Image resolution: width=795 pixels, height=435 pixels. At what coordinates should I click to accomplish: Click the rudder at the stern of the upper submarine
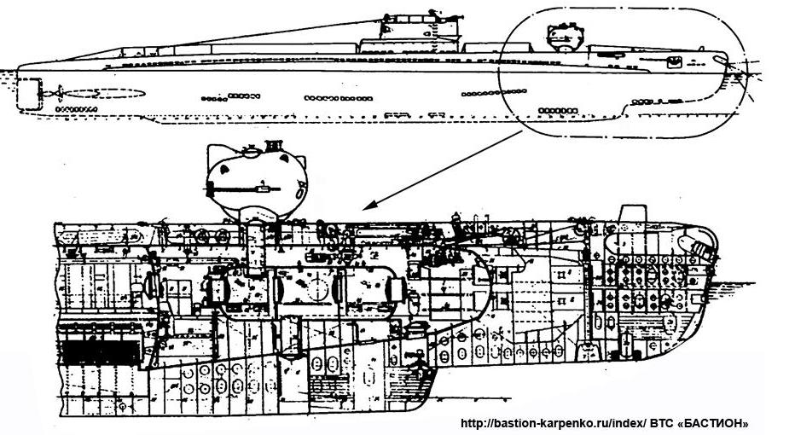click(28, 91)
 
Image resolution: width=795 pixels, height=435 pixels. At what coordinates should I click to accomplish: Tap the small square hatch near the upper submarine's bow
click(673, 61)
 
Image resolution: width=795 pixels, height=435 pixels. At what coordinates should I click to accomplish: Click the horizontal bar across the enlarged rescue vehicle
click(248, 185)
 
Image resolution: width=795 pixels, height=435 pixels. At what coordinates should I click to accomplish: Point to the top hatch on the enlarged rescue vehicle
click(249, 151)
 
